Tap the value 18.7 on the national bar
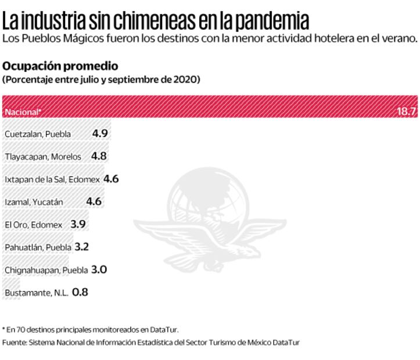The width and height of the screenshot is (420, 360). pos(407,111)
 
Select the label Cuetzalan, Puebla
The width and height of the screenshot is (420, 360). pos(38,134)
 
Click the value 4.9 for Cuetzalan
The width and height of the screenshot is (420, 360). pos(100,134)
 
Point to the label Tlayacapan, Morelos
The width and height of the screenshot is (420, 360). pos(43,157)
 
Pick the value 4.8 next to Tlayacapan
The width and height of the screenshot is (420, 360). pos(99,156)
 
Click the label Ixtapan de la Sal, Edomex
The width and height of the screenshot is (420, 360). pos(52,179)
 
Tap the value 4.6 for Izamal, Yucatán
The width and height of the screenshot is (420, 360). pos(94,202)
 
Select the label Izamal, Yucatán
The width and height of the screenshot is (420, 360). pos(34,202)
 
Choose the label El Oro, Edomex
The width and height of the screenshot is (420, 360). pos(33,225)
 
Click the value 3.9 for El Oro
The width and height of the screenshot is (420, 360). pos(78,224)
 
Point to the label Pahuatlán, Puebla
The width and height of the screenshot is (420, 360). pos(38,247)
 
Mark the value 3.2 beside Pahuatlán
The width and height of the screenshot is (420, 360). pos(82,247)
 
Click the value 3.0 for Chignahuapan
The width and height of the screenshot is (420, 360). pos(99,269)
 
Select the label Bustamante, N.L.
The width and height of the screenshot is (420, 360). pos(36,293)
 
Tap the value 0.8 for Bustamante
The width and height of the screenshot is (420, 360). pos(80,293)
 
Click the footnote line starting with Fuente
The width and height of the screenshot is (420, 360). pos(150,343)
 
